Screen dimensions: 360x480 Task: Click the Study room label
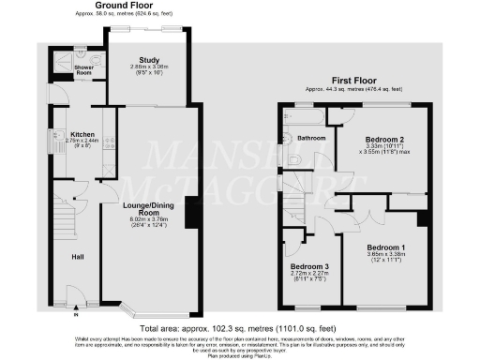pyautogui.click(x=149, y=60)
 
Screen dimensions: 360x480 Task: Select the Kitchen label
pyautogui.click(x=69, y=134)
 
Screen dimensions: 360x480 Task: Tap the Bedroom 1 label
pyautogui.click(x=377, y=245)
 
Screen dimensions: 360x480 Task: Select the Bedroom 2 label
pyautogui.click(x=379, y=139)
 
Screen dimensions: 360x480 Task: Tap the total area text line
pyautogui.click(x=239, y=330)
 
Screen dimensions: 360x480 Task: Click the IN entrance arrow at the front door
pyautogui.click(x=74, y=316)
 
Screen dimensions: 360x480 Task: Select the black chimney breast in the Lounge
pyautogui.click(x=190, y=212)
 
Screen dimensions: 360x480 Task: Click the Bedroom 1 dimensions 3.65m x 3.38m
pyautogui.click(x=377, y=257)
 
